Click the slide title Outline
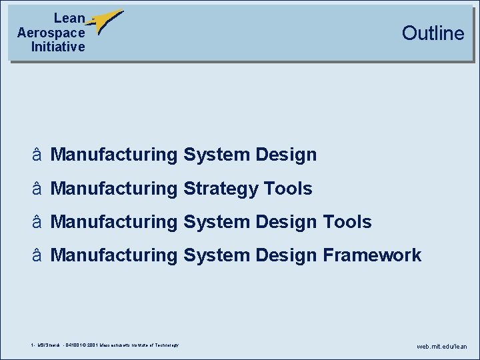[x=433, y=33]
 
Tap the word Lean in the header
[x=69, y=19]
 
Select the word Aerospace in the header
[x=51, y=33]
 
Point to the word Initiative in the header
[x=58, y=47]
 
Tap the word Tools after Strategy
[x=288, y=189]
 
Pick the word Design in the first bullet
[x=285, y=155]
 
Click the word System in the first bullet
[x=215, y=155]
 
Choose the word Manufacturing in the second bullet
[x=113, y=189]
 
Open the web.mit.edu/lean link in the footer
[x=442, y=347]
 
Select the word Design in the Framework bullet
[x=285, y=255]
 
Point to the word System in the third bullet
[x=215, y=221]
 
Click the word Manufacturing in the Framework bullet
[x=113, y=255]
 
